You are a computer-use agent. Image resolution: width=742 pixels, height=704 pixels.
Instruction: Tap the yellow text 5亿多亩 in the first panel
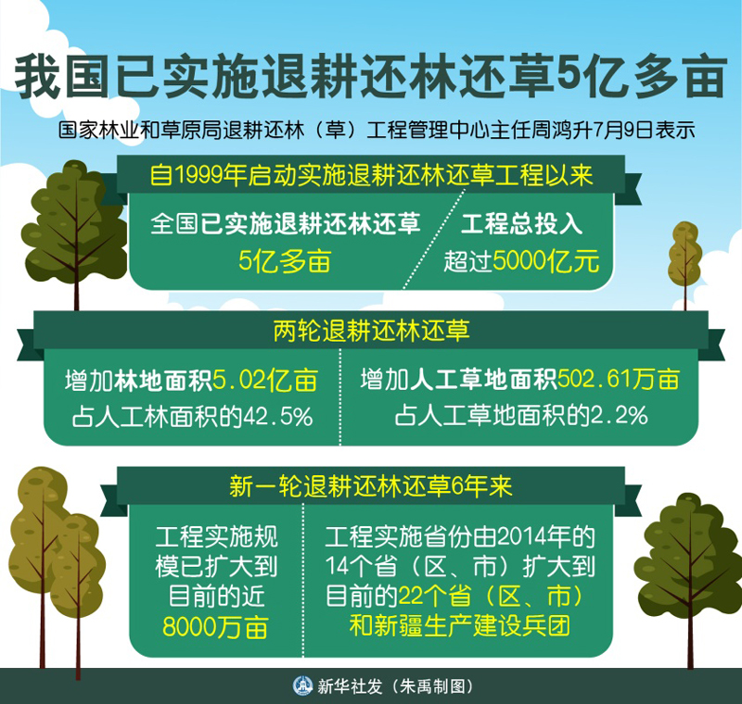(x=285, y=261)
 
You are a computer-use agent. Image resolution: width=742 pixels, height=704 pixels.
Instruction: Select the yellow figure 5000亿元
(x=546, y=261)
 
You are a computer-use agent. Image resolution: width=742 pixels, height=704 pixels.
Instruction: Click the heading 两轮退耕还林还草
(x=371, y=331)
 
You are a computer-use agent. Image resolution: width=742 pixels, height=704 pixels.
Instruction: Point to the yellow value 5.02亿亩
(x=265, y=381)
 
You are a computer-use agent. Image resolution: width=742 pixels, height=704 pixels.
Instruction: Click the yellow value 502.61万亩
(x=619, y=380)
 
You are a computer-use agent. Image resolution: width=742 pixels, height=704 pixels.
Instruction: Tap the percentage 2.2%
(x=619, y=416)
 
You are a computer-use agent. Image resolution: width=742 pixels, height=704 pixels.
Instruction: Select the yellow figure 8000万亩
(x=216, y=627)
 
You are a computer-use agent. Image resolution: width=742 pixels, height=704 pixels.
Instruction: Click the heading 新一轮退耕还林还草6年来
(x=371, y=486)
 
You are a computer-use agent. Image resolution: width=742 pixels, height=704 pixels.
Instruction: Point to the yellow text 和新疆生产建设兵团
(x=459, y=626)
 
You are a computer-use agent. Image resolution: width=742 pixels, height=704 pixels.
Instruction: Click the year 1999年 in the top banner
(x=210, y=175)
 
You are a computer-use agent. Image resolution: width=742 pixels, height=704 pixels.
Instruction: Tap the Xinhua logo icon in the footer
(x=303, y=686)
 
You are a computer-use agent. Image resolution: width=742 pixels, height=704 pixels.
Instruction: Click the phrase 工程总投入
(x=521, y=224)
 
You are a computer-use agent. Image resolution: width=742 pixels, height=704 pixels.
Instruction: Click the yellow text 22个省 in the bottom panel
(x=434, y=597)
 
